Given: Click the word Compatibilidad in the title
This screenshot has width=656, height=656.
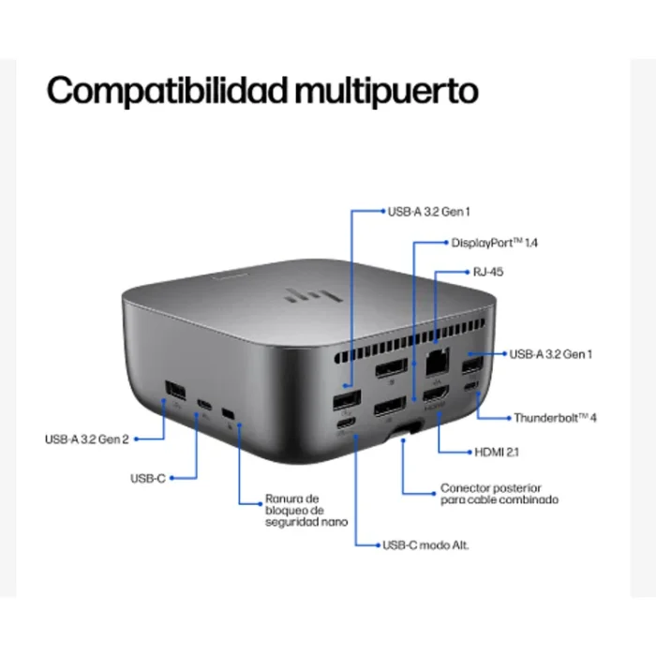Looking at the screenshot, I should tap(166, 92).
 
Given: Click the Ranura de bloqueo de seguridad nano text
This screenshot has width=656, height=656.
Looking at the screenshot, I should tap(294, 510).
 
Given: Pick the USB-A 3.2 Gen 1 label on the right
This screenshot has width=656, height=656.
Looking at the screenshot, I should tap(551, 354).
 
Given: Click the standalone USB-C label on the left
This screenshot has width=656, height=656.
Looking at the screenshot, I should tap(148, 479).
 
